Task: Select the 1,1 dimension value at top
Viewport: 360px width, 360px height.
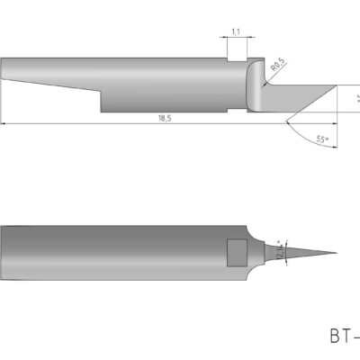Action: pos(235,32)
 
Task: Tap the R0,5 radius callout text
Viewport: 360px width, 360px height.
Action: pos(276,65)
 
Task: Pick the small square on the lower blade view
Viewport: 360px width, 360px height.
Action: pos(237,251)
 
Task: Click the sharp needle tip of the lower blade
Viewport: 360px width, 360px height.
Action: pos(335,253)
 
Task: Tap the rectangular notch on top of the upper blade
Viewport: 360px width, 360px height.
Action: pos(236,57)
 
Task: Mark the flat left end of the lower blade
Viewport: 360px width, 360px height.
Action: pos(3,252)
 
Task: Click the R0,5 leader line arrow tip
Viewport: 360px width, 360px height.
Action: pos(262,86)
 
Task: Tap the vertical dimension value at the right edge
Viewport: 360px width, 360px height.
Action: pos(356,99)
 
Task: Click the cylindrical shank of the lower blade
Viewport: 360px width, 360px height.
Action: pos(117,252)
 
